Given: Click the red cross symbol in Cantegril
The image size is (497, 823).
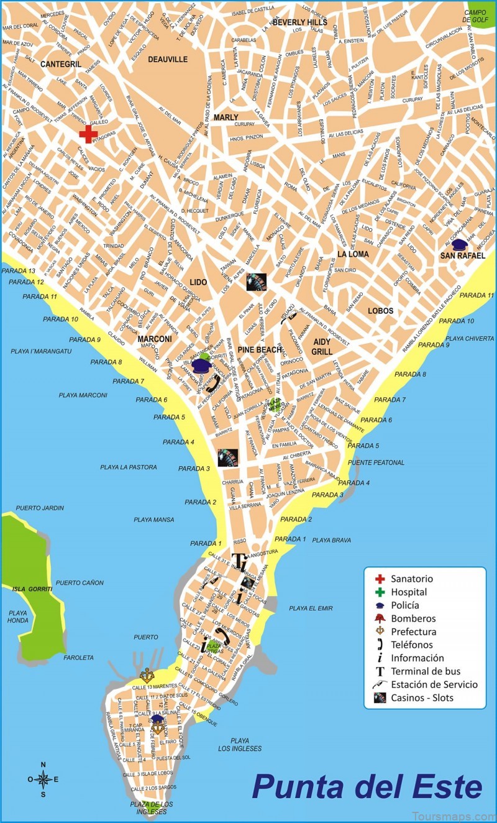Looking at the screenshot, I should pyautogui.click(x=88, y=134).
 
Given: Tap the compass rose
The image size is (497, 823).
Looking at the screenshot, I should pyautogui.click(x=43, y=779).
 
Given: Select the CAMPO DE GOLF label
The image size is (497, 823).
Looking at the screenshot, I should pyautogui.click(x=476, y=16).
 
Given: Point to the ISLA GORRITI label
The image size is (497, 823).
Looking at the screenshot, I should pyautogui.click(x=31, y=588).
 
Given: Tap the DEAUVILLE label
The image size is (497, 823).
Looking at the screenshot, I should pyautogui.click(x=168, y=60).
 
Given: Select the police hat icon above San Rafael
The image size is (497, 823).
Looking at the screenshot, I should pyautogui.click(x=460, y=244).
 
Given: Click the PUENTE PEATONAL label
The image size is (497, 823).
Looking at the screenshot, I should pyautogui.click(x=376, y=462).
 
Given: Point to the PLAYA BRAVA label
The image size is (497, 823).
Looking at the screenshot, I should pyautogui.click(x=331, y=540).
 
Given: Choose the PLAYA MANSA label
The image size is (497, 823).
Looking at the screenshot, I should pyautogui.click(x=154, y=519).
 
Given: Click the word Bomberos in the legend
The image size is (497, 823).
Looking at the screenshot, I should pyautogui.click(x=413, y=618).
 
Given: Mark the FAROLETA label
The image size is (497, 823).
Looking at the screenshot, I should pyautogui.click(x=78, y=658).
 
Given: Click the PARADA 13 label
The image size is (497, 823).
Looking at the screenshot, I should pyautogui.click(x=19, y=271).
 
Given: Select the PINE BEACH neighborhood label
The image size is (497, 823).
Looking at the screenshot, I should pyautogui.click(x=260, y=350).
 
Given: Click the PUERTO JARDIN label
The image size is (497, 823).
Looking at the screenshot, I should pyautogui.click(x=40, y=508).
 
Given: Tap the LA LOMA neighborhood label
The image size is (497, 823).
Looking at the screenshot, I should pyautogui.click(x=353, y=254).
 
